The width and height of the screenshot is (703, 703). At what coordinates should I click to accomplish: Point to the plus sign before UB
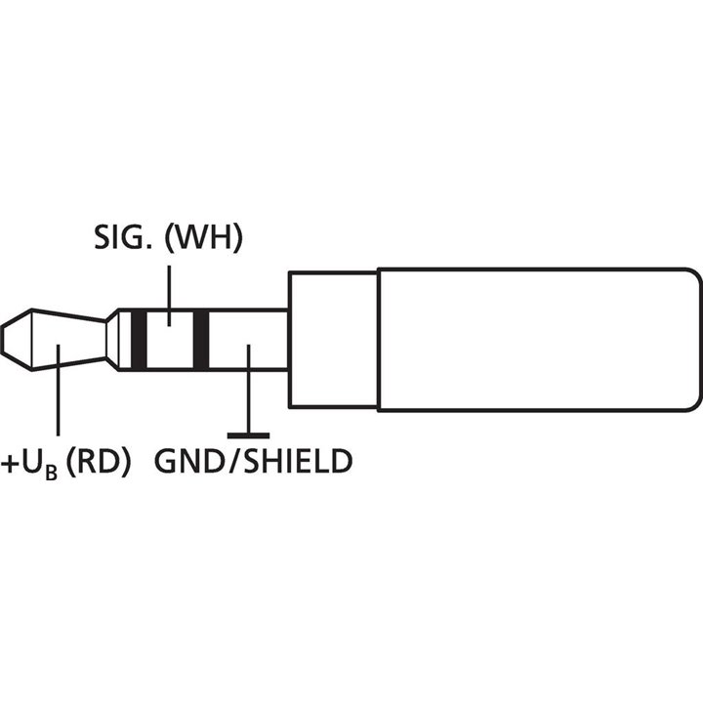pos(13,460)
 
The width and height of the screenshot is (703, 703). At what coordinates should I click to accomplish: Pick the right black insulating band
pos(202,340)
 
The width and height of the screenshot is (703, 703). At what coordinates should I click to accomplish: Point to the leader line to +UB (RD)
pos(59,400)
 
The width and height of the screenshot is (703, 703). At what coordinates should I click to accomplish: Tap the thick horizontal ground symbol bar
pos(248,434)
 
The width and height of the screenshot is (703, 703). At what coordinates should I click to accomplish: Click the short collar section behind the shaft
pos(332,340)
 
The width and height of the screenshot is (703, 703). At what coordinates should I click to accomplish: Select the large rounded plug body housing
pos(537,340)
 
